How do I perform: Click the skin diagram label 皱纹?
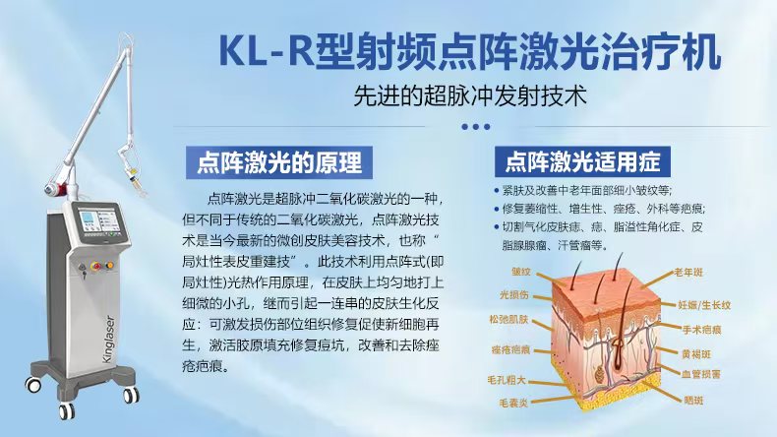click(x=521, y=272)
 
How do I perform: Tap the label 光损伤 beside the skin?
click(x=513, y=295)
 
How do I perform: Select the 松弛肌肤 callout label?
click(x=508, y=320)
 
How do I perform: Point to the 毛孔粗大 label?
click(x=506, y=380)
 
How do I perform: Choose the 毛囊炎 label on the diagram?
click(x=513, y=403)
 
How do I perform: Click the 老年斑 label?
click(x=688, y=273)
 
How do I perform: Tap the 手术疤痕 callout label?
click(x=701, y=330)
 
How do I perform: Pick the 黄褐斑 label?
click(x=696, y=354)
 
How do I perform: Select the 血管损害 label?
click(x=700, y=374)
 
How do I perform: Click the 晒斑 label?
click(x=693, y=401)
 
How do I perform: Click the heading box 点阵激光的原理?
click(x=279, y=162)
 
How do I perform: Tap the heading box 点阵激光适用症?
click(x=582, y=161)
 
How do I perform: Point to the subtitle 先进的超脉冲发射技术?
click(x=470, y=95)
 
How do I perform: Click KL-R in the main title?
click(x=267, y=51)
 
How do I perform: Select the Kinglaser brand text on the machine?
click(x=109, y=339)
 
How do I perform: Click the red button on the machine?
click(x=96, y=267)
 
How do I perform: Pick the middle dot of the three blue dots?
click(x=476, y=127)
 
